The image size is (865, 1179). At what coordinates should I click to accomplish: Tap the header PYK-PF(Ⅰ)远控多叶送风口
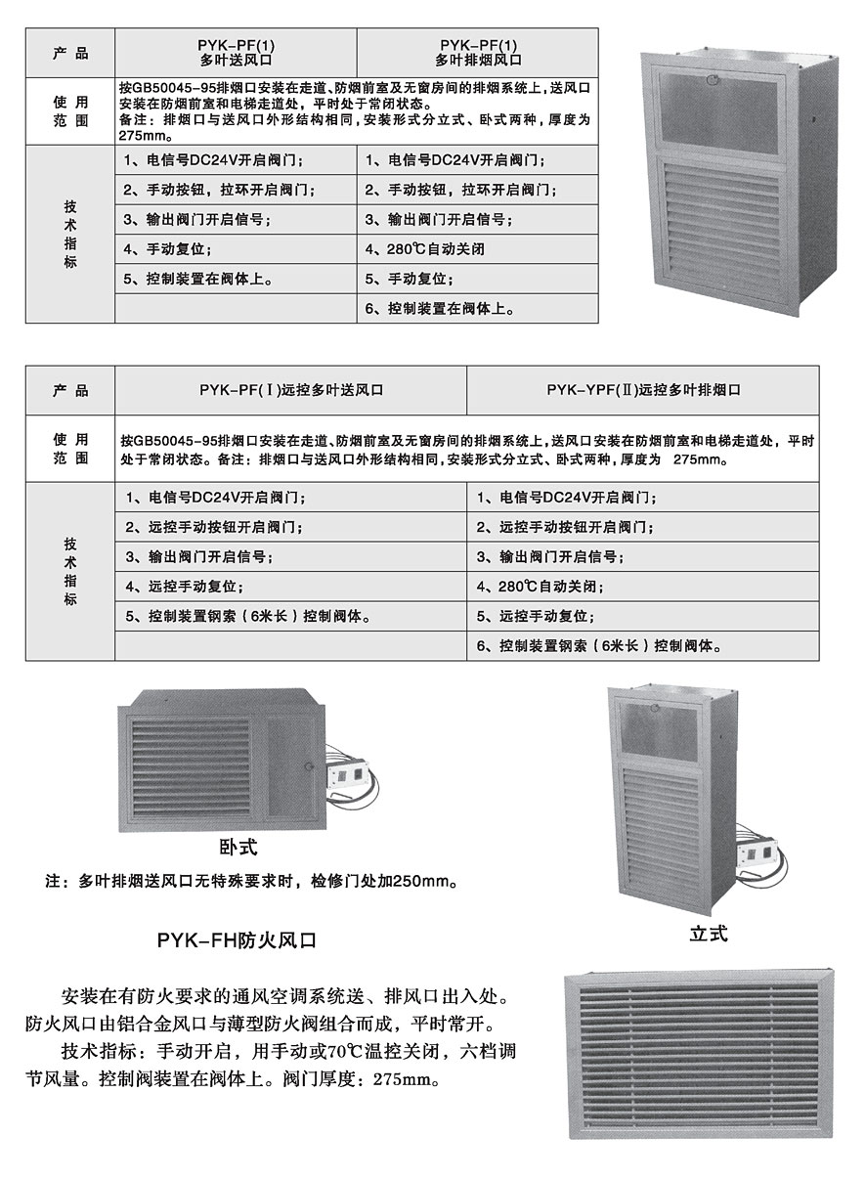[x=290, y=390]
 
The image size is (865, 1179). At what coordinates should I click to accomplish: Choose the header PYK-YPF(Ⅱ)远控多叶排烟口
[x=643, y=390]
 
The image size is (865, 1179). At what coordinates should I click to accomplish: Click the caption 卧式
[x=238, y=846]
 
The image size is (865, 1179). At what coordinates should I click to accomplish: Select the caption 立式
[x=708, y=934]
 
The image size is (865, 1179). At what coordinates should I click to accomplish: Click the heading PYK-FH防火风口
[x=237, y=940]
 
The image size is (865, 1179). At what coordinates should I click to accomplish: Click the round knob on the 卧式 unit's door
[x=309, y=764]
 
